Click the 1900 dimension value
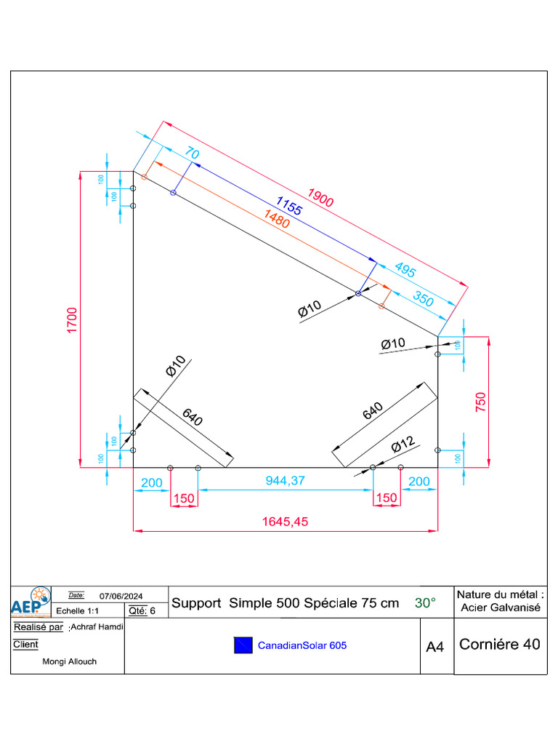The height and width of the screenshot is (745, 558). point(320,197)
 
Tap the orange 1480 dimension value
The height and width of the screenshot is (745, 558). point(277,219)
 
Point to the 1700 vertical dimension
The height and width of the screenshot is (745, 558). point(72,320)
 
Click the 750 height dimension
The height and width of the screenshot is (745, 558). point(480,402)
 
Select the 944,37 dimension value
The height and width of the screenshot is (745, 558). point(286,482)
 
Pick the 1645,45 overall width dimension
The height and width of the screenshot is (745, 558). point(286,522)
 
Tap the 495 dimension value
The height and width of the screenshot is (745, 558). point(405,270)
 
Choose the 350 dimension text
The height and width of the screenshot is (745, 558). point(424,298)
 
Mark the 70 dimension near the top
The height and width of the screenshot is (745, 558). point(192,153)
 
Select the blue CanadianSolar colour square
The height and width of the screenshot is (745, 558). point(243,645)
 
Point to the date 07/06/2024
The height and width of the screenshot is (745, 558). point(122,596)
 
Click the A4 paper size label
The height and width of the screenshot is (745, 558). point(434,647)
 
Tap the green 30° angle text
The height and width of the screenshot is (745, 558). point(425,603)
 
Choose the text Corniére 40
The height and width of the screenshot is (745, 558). point(500,644)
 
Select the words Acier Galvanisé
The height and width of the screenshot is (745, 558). point(501,607)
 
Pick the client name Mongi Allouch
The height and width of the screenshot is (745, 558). point(70,661)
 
